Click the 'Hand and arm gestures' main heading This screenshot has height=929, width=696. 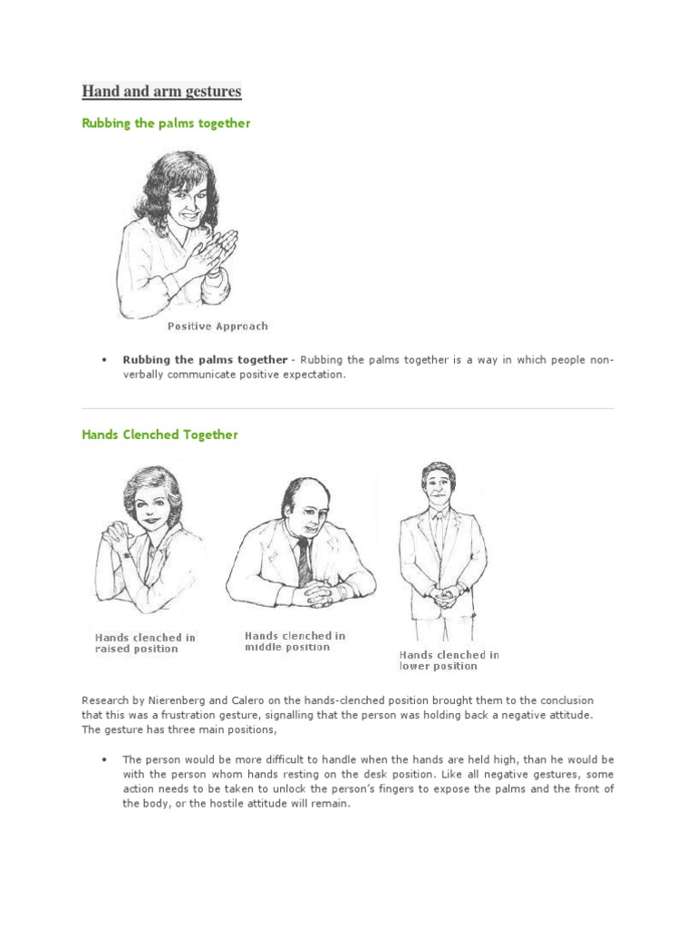point(161,92)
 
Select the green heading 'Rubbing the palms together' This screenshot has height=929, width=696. point(166,123)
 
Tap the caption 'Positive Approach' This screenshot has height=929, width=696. point(217,326)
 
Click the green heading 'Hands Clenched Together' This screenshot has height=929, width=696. point(159,435)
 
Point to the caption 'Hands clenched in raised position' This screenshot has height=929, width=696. point(145,643)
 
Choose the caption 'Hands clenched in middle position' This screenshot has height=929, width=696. point(295,641)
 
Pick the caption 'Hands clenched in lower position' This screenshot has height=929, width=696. point(449,660)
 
